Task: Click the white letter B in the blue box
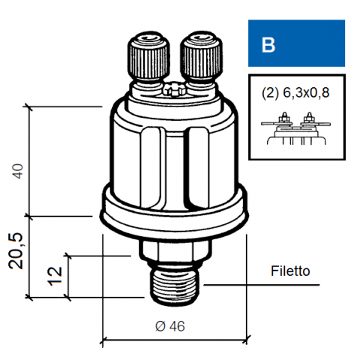[x=268, y=45]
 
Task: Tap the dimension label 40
[x=18, y=171]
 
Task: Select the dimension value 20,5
[x=16, y=250]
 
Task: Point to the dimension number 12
[x=55, y=276]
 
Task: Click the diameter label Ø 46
[x=170, y=326]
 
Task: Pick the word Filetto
[x=290, y=271]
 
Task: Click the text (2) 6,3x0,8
[x=295, y=93]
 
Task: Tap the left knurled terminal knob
[x=148, y=58]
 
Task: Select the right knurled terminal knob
[x=201, y=58]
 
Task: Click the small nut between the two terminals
[x=174, y=88]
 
